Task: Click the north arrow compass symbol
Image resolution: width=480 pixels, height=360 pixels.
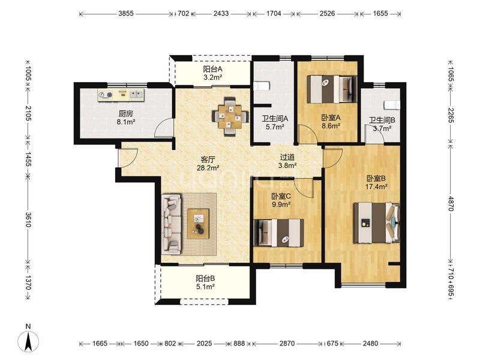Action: [28, 341]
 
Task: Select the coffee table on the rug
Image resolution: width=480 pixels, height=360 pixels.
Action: [199, 223]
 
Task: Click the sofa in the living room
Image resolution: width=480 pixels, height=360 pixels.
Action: [172, 224]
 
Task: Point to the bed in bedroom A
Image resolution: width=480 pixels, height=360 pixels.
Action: [332, 89]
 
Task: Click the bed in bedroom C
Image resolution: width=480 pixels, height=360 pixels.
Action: [279, 233]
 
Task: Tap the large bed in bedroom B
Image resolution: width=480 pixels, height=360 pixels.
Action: [377, 223]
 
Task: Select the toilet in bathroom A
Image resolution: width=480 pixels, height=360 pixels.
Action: [261, 86]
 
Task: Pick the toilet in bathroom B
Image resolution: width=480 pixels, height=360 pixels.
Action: [392, 104]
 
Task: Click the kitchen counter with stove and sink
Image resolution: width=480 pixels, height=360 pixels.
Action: [121, 95]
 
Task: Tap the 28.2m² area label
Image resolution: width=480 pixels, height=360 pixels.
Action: [208, 168]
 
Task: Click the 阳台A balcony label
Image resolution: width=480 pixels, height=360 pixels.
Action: [212, 69]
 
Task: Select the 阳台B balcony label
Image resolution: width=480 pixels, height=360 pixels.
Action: [205, 278]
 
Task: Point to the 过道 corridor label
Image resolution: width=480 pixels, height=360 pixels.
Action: [287, 157]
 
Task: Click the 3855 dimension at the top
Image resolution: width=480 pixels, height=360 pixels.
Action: [126, 13]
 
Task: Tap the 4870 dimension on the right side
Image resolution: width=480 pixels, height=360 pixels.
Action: [451, 203]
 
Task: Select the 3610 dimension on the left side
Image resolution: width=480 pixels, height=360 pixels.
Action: [28, 220]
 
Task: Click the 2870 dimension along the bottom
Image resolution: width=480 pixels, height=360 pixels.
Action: [287, 343]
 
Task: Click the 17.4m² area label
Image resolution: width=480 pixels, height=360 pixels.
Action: [376, 187]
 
